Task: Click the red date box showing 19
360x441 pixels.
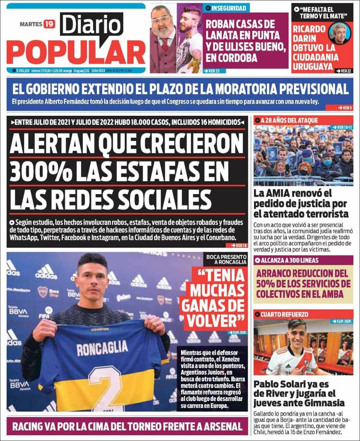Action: tap(49, 24)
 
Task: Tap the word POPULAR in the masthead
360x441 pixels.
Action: tap(76, 52)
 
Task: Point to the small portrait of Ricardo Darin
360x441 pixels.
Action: tap(340, 33)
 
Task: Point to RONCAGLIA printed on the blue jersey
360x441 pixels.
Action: tap(102, 347)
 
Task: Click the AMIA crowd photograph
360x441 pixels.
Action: tap(303, 155)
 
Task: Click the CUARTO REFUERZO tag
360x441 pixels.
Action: tap(284, 314)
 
